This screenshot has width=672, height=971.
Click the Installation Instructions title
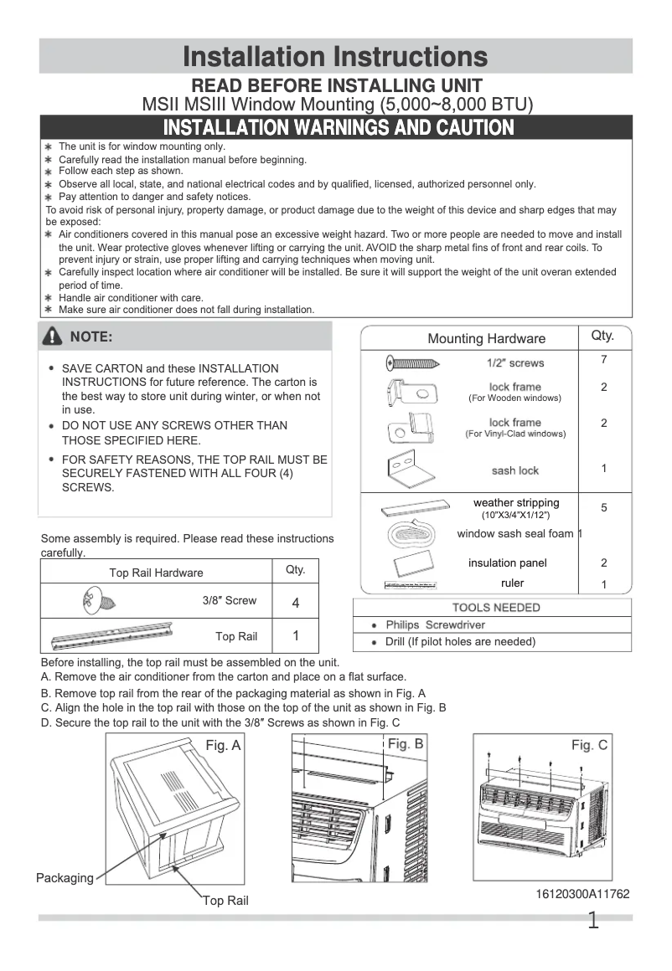point(335,56)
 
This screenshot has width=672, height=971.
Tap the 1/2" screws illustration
point(412,362)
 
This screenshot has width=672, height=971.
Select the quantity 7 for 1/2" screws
point(603,360)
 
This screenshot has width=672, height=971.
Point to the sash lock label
point(514,470)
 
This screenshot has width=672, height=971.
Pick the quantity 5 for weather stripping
point(603,507)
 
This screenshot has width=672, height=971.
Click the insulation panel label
point(507,563)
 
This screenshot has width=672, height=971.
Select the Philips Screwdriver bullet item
point(435,625)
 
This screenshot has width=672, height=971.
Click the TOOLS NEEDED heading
point(496,608)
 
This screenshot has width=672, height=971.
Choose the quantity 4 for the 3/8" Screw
point(295,603)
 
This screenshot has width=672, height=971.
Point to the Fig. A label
point(223,746)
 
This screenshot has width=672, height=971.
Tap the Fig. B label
point(406,743)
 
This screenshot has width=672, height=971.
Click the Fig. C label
point(589,745)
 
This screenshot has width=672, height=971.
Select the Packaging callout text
point(65,878)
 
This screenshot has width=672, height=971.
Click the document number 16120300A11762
point(582,894)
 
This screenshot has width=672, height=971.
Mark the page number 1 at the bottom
point(593,922)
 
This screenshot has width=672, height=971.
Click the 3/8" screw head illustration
point(91,600)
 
